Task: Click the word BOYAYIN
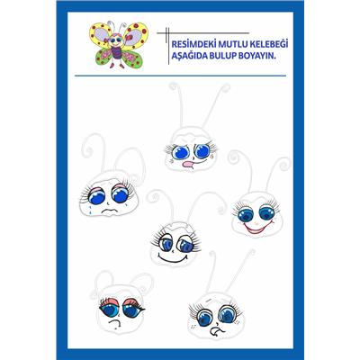coord(256,56)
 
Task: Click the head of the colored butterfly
coord(115,40)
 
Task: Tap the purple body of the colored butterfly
coord(116,53)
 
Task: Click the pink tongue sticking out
coord(188,164)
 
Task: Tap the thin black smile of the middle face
coord(173,259)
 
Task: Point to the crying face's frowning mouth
coord(109,211)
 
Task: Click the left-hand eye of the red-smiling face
coord(246,213)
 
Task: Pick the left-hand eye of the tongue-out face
coord(182,151)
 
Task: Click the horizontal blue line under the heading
coord(180,76)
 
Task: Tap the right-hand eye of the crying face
coord(121,195)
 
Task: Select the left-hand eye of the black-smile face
coord(166,244)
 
